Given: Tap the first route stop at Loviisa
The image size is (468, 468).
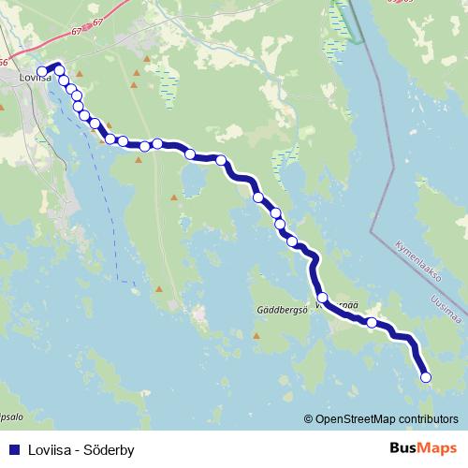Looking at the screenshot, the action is pyautogui.click(x=42, y=72).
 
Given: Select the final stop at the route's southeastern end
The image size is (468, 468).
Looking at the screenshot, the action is pyautogui.click(x=426, y=377).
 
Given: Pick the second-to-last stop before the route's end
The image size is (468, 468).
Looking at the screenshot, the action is pyautogui.click(x=372, y=323).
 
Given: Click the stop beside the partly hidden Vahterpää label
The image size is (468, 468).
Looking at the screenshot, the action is pyautogui.click(x=322, y=298).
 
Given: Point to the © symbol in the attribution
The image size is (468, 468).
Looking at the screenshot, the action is pyautogui.click(x=309, y=420).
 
